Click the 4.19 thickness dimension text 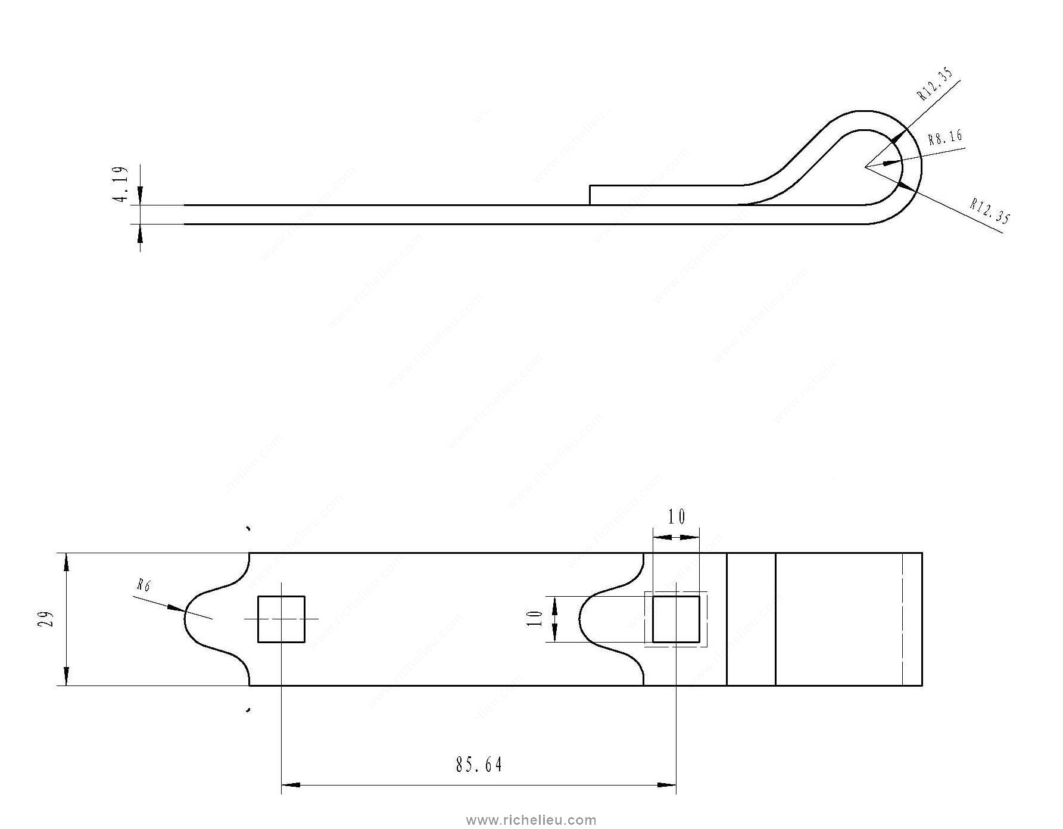point(120,185)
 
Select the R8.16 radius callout point(944,138)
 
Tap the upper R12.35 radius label point(934,85)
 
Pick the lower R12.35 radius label point(990,212)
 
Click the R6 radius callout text point(144,585)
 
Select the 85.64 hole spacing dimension point(479,765)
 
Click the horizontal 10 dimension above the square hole point(676,517)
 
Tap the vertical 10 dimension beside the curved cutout point(535,619)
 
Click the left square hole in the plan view point(281,619)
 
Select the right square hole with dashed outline point(676,619)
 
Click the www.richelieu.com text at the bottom point(531,820)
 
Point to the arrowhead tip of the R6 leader point(184,610)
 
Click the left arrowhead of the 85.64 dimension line point(283,785)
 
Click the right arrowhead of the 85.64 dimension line point(674,785)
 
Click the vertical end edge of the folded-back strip point(590,195)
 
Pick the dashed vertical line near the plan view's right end point(903,619)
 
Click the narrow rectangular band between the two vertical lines point(751,619)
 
